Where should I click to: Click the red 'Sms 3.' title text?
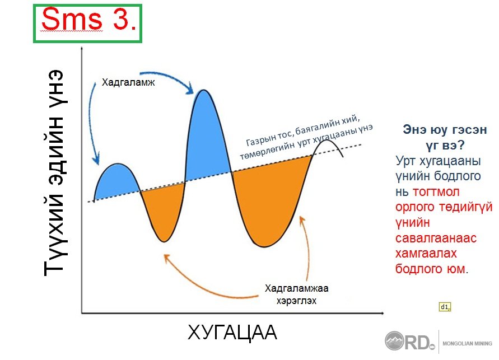coord(89,19)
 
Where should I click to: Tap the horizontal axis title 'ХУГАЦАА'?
coord(232,333)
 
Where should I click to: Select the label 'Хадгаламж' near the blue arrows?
coord(128,83)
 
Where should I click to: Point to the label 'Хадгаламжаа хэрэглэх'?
coord(296,294)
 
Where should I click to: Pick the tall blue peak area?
coord(206,137)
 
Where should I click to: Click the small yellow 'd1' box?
coord(445,307)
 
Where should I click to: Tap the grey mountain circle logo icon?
coord(394,341)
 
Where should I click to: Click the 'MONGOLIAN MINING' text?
coord(467,343)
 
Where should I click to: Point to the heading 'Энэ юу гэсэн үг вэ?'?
coord(445,137)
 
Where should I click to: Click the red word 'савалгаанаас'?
coord(436,238)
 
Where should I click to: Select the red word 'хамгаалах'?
coord(426,253)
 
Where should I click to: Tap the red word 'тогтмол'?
coord(436,192)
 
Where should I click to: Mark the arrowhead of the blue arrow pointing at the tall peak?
coord(190,88)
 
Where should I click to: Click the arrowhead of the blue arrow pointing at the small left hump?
coord(96,160)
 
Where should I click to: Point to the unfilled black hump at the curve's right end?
coord(325,140)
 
